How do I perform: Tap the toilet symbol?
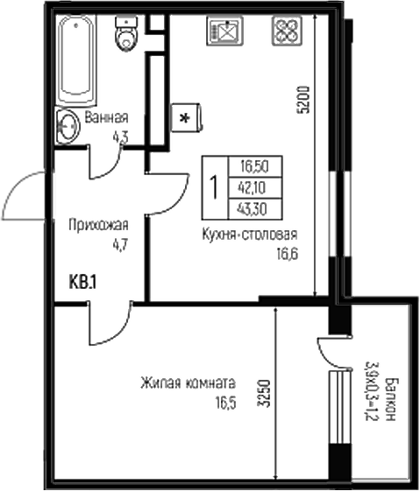click(x=127, y=35)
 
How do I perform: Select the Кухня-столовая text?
click(x=250, y=235)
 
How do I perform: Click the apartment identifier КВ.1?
click(x=82, y=282)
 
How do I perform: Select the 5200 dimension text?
click(x=303, y=100)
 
